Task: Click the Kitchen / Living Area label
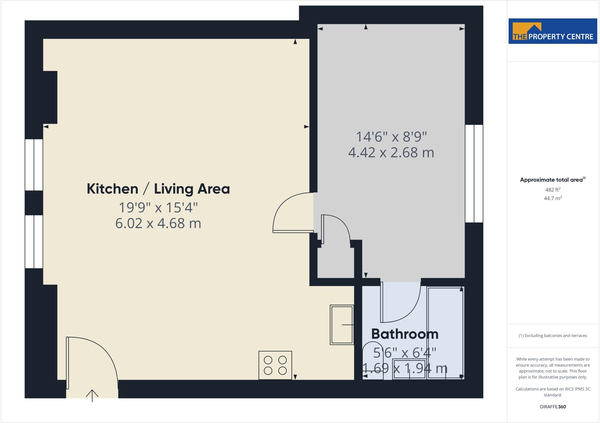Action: [158, 189]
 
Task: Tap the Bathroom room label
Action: [405, 334]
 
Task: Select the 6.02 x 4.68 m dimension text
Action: [158, 223]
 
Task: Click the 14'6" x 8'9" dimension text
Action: [391, 137]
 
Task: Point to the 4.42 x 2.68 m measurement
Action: [391, 153]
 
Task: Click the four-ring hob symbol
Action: [275, 365]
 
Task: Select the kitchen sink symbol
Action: [342, 325]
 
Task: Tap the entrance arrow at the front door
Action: [92, 396]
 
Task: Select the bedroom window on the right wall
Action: [474, 173]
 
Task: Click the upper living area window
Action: [34, 165]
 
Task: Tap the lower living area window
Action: [34, 242]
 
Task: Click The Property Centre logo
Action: [553, 31]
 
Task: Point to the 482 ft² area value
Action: [553, 190]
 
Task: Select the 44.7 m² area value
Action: [553, 198]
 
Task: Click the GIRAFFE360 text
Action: [553, 407]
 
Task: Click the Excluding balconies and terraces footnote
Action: [553, 336]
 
